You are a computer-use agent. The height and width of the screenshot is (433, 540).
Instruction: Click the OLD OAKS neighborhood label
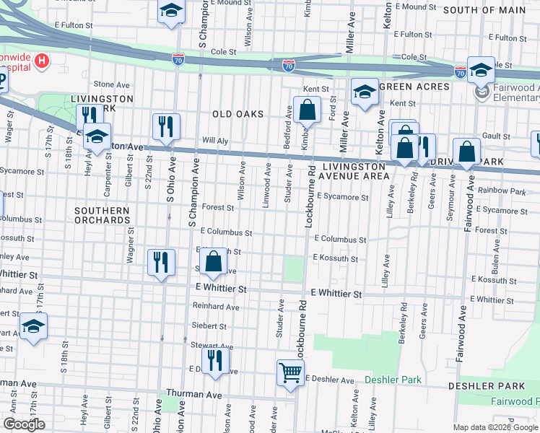[238, 115]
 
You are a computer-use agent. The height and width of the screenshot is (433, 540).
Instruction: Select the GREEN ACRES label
[414, 87]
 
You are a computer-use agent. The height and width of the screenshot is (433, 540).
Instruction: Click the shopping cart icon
[289, 373]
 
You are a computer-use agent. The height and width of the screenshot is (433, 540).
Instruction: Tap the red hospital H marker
[42, 61]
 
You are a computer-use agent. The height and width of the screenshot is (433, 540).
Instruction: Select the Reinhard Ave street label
[215, 307]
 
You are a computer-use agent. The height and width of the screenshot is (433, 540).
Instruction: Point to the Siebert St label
[209, 326]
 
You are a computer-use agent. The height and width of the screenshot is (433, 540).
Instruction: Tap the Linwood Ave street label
[266, 181]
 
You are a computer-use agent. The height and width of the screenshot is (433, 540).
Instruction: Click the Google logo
[24, 424]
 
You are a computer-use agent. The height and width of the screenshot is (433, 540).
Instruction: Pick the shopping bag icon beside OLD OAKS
[307, 110]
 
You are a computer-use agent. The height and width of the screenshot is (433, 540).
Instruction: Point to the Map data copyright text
[495, 427]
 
